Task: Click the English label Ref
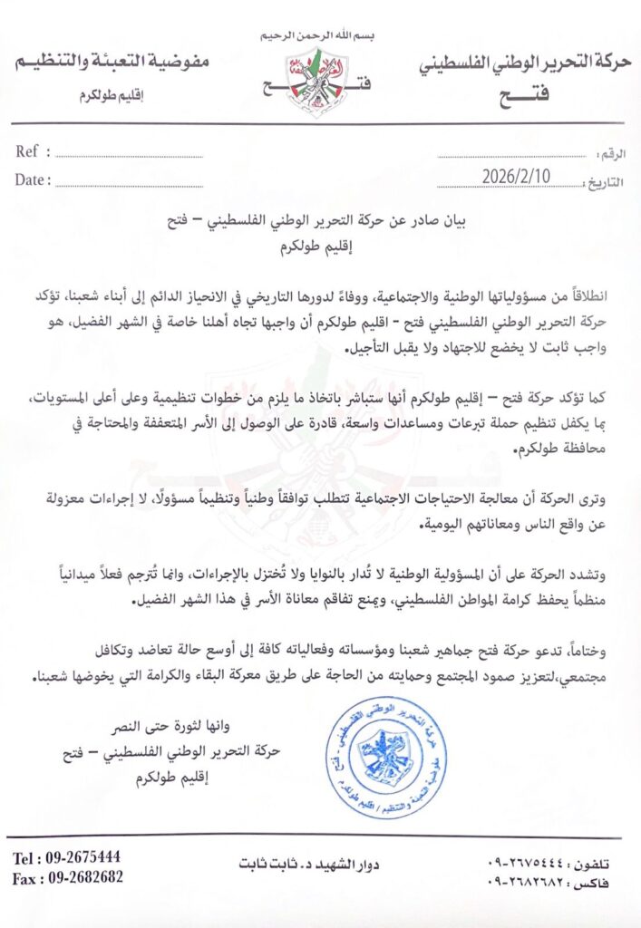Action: click(27, 151)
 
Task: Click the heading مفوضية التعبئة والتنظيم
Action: click(112, 63)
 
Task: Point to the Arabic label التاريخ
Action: click(605, 181)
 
